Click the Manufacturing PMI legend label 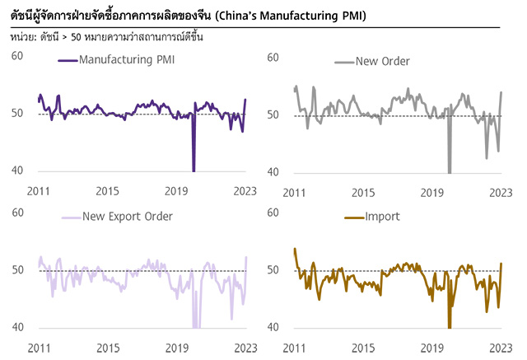coord(127,60)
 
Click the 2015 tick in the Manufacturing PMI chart coord(108,191)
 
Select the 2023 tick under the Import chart coord(501,348)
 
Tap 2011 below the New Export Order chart coord(39,348)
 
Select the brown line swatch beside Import coord(349,217)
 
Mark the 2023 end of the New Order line coord(501,92)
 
